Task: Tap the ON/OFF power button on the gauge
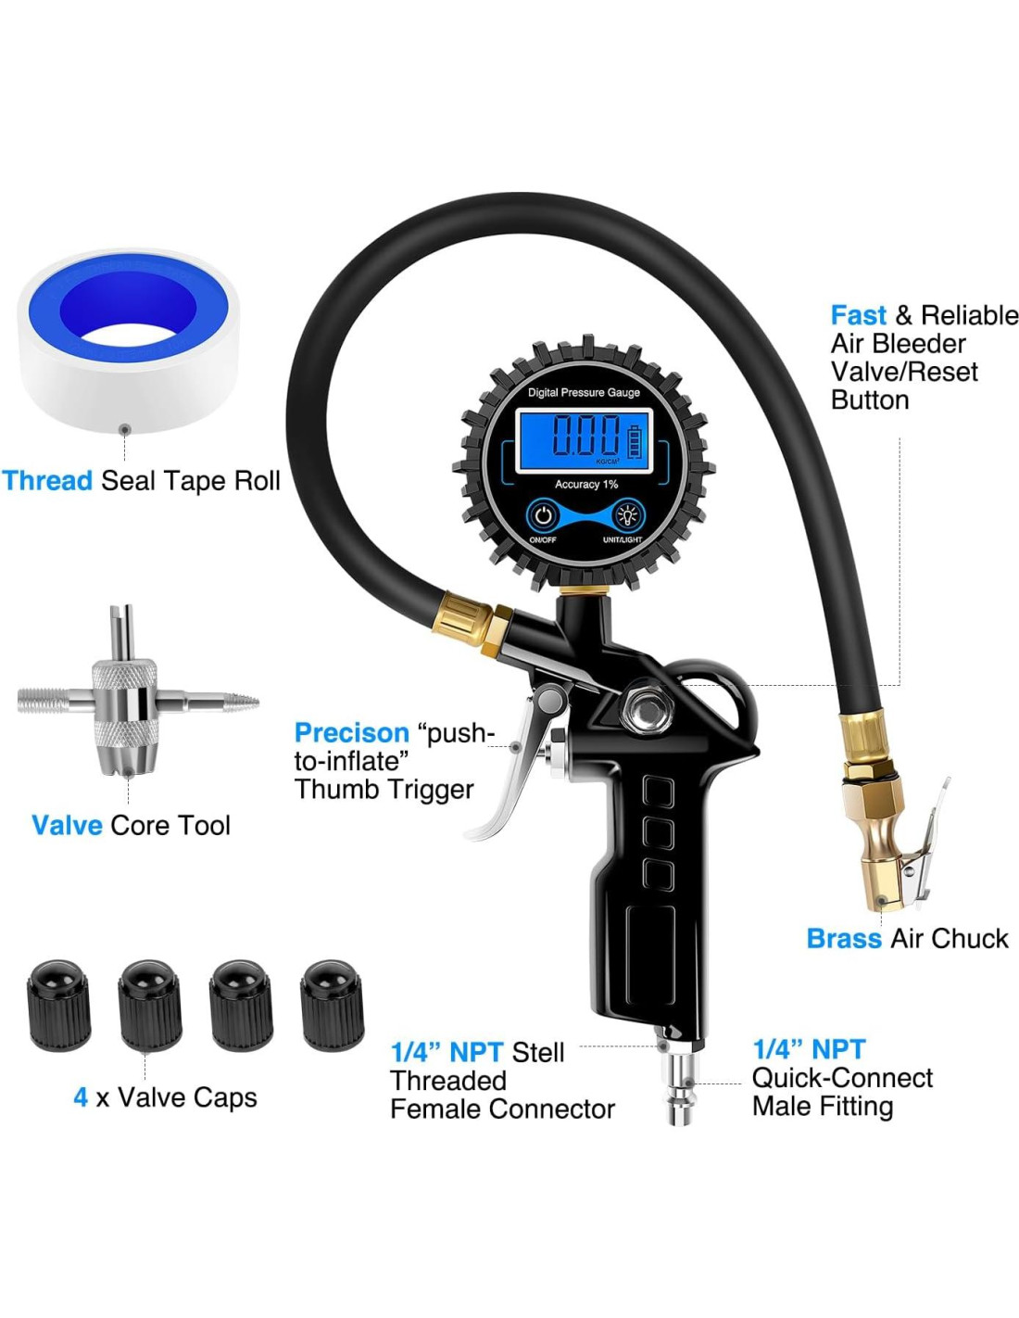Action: click(543, 515)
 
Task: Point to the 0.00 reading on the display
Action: click(585, 436)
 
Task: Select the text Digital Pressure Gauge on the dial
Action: click(584, 392)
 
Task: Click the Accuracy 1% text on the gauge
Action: click(586, 484)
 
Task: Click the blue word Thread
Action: click(47, 481)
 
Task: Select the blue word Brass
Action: click(844, 938)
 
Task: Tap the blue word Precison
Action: click(352, 733)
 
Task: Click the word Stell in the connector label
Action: click(537, 1052)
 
